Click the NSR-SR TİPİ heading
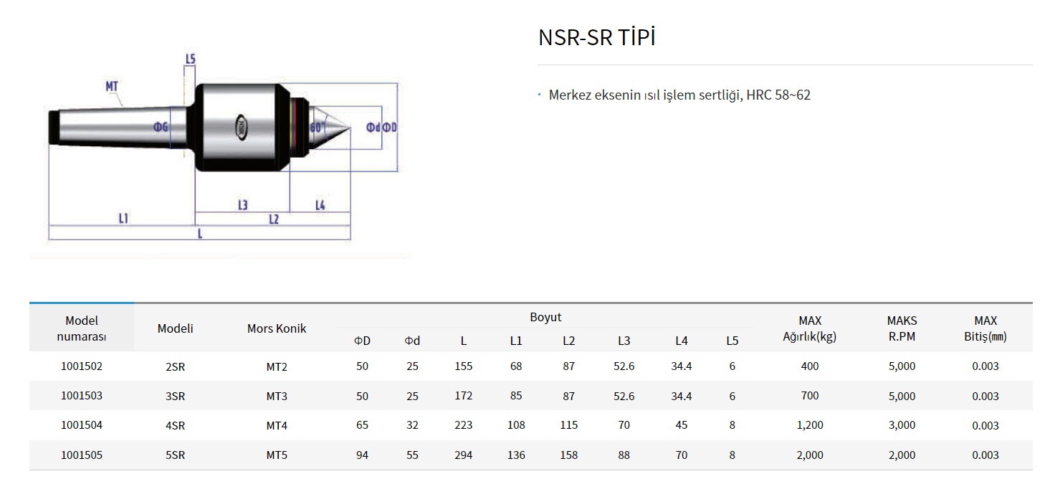[596, 38]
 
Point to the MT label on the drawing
[112, 87]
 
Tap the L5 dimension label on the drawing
[190, 59]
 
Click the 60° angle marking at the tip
[318, 127]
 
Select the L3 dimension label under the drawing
[243, 205]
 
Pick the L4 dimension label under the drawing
[320, 205]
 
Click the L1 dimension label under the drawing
[123, 218]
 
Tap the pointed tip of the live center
[349, 128]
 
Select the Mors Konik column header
[277, 328]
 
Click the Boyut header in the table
[545, 317]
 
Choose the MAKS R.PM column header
[902, 328]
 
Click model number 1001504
[82, 425]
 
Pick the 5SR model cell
[175, 455]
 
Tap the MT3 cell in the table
[277, 396]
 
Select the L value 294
[464, 455]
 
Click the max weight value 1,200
[810, 425]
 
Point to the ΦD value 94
[362, 455]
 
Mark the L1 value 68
[516, 366]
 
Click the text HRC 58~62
[778, 95]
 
